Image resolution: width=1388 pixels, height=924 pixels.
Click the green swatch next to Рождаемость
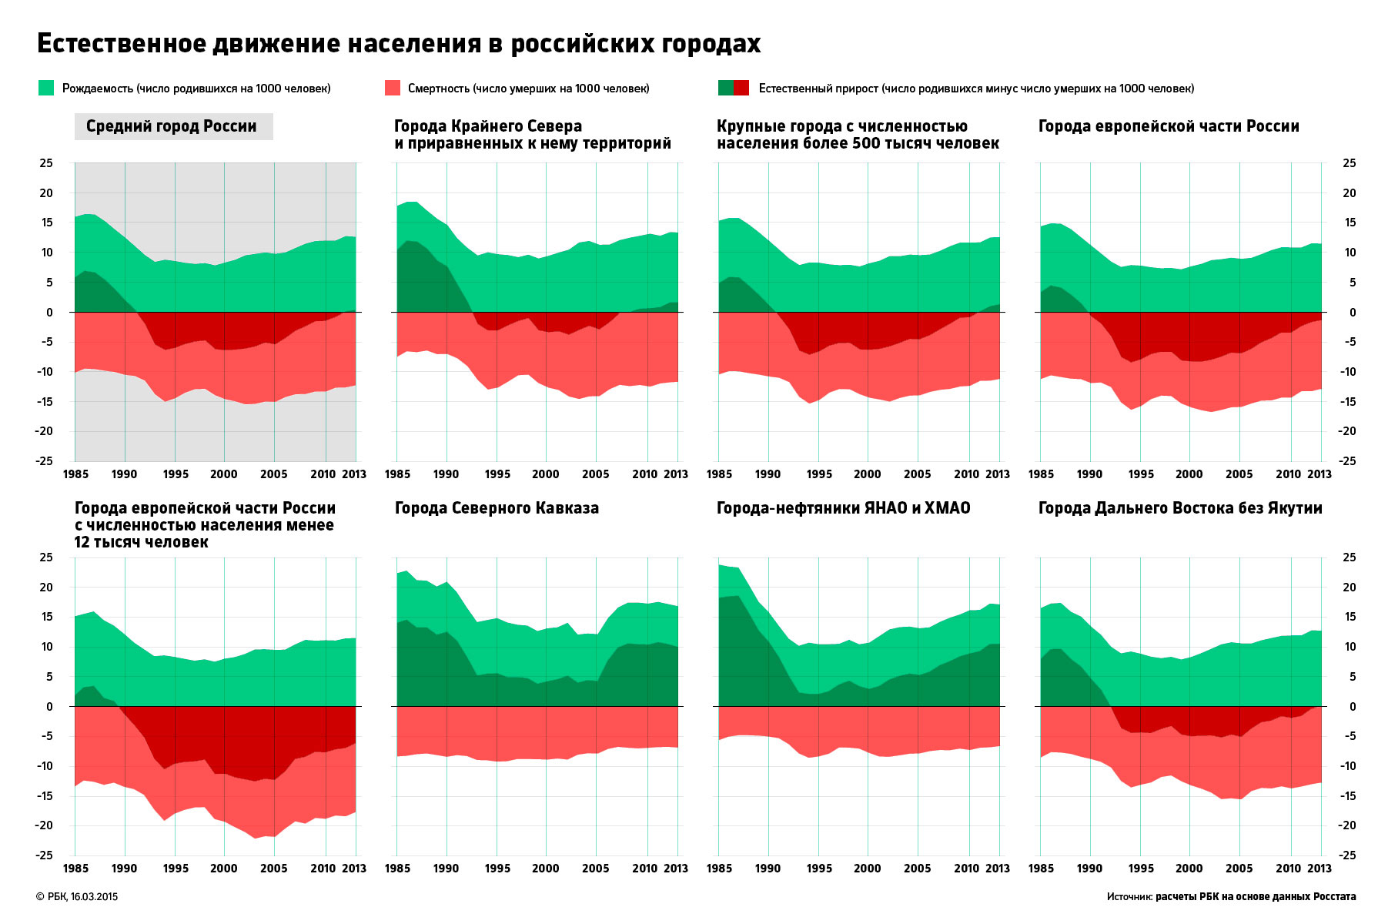(x=46, y=88)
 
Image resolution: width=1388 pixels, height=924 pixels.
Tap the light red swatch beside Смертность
(x=392, y=88)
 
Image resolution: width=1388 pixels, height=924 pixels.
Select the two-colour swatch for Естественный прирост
(x=733, y=88)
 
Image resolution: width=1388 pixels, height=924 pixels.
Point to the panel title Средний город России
(x=172, y=126)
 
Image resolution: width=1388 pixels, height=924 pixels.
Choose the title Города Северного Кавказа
(x=497, y=508)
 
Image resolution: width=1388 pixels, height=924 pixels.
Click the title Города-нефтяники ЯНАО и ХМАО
(x=843, y=508)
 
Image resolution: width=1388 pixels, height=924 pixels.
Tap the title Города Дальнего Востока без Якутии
(x=1180, y=508)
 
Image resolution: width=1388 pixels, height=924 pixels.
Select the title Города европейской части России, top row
(x=1169, y=126)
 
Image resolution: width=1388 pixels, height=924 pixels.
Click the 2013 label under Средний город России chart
(x=354, y=474)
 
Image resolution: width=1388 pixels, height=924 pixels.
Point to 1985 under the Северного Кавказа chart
(x=397, y=869)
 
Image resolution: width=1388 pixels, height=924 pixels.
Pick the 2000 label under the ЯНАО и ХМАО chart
(x=868, y=869)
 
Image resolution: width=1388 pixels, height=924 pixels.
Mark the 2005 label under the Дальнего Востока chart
(x=1239, y=869)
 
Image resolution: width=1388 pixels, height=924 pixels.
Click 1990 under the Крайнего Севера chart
(x=447, y=474)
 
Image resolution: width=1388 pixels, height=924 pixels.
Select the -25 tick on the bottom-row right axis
(x=1347, y=855)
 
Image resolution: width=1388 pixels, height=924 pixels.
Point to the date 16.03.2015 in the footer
(x=94, y=897)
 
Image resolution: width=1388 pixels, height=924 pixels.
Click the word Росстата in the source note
(x=1335, y=897)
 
